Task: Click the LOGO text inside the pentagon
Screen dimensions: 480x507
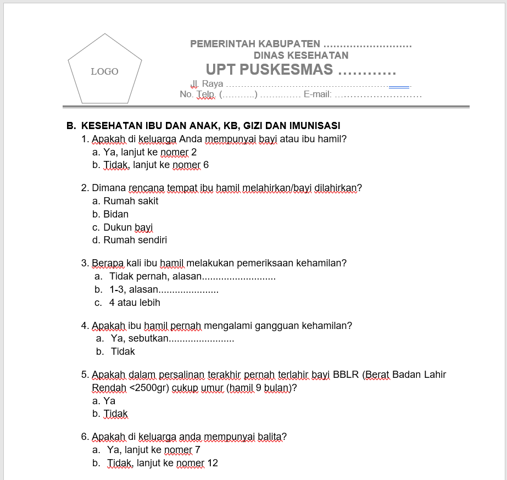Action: coord(104,71)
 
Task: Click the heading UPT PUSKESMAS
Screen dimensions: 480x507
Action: coord(269,70)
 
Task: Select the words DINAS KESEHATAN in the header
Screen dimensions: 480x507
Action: coord(300,55)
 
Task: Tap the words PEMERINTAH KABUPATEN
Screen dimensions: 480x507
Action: coord(255,44)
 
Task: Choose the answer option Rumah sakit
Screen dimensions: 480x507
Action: coord(131,201)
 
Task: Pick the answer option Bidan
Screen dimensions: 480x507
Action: coord(116,214)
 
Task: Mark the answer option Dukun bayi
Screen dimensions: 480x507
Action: coord(128,227)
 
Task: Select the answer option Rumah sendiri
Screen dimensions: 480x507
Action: coord(135,240)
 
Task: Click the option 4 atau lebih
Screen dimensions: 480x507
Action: coord(135,303)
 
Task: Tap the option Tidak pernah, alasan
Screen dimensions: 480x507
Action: coord(156,276)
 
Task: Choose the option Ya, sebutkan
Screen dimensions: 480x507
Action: coord(139,338)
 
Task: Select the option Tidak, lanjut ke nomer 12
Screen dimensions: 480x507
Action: coord(163,463)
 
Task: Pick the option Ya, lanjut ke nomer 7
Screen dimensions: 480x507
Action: coord(154,450)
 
